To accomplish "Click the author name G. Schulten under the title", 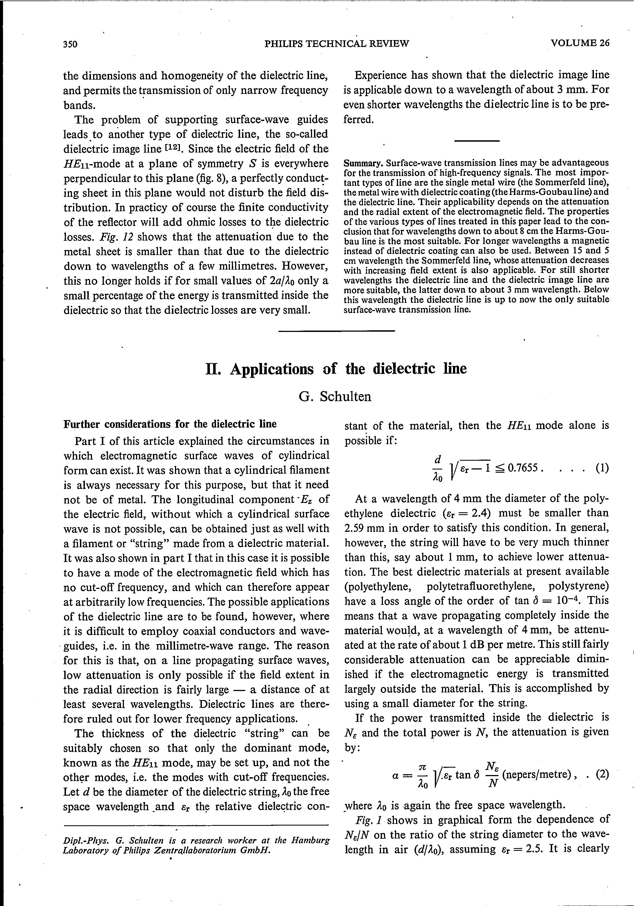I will click(x=335, y=396).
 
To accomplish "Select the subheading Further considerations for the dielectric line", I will click(x=170, y=424).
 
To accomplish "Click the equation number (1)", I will click(x=602, y=468).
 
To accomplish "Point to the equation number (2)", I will click(x=602, y=774).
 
